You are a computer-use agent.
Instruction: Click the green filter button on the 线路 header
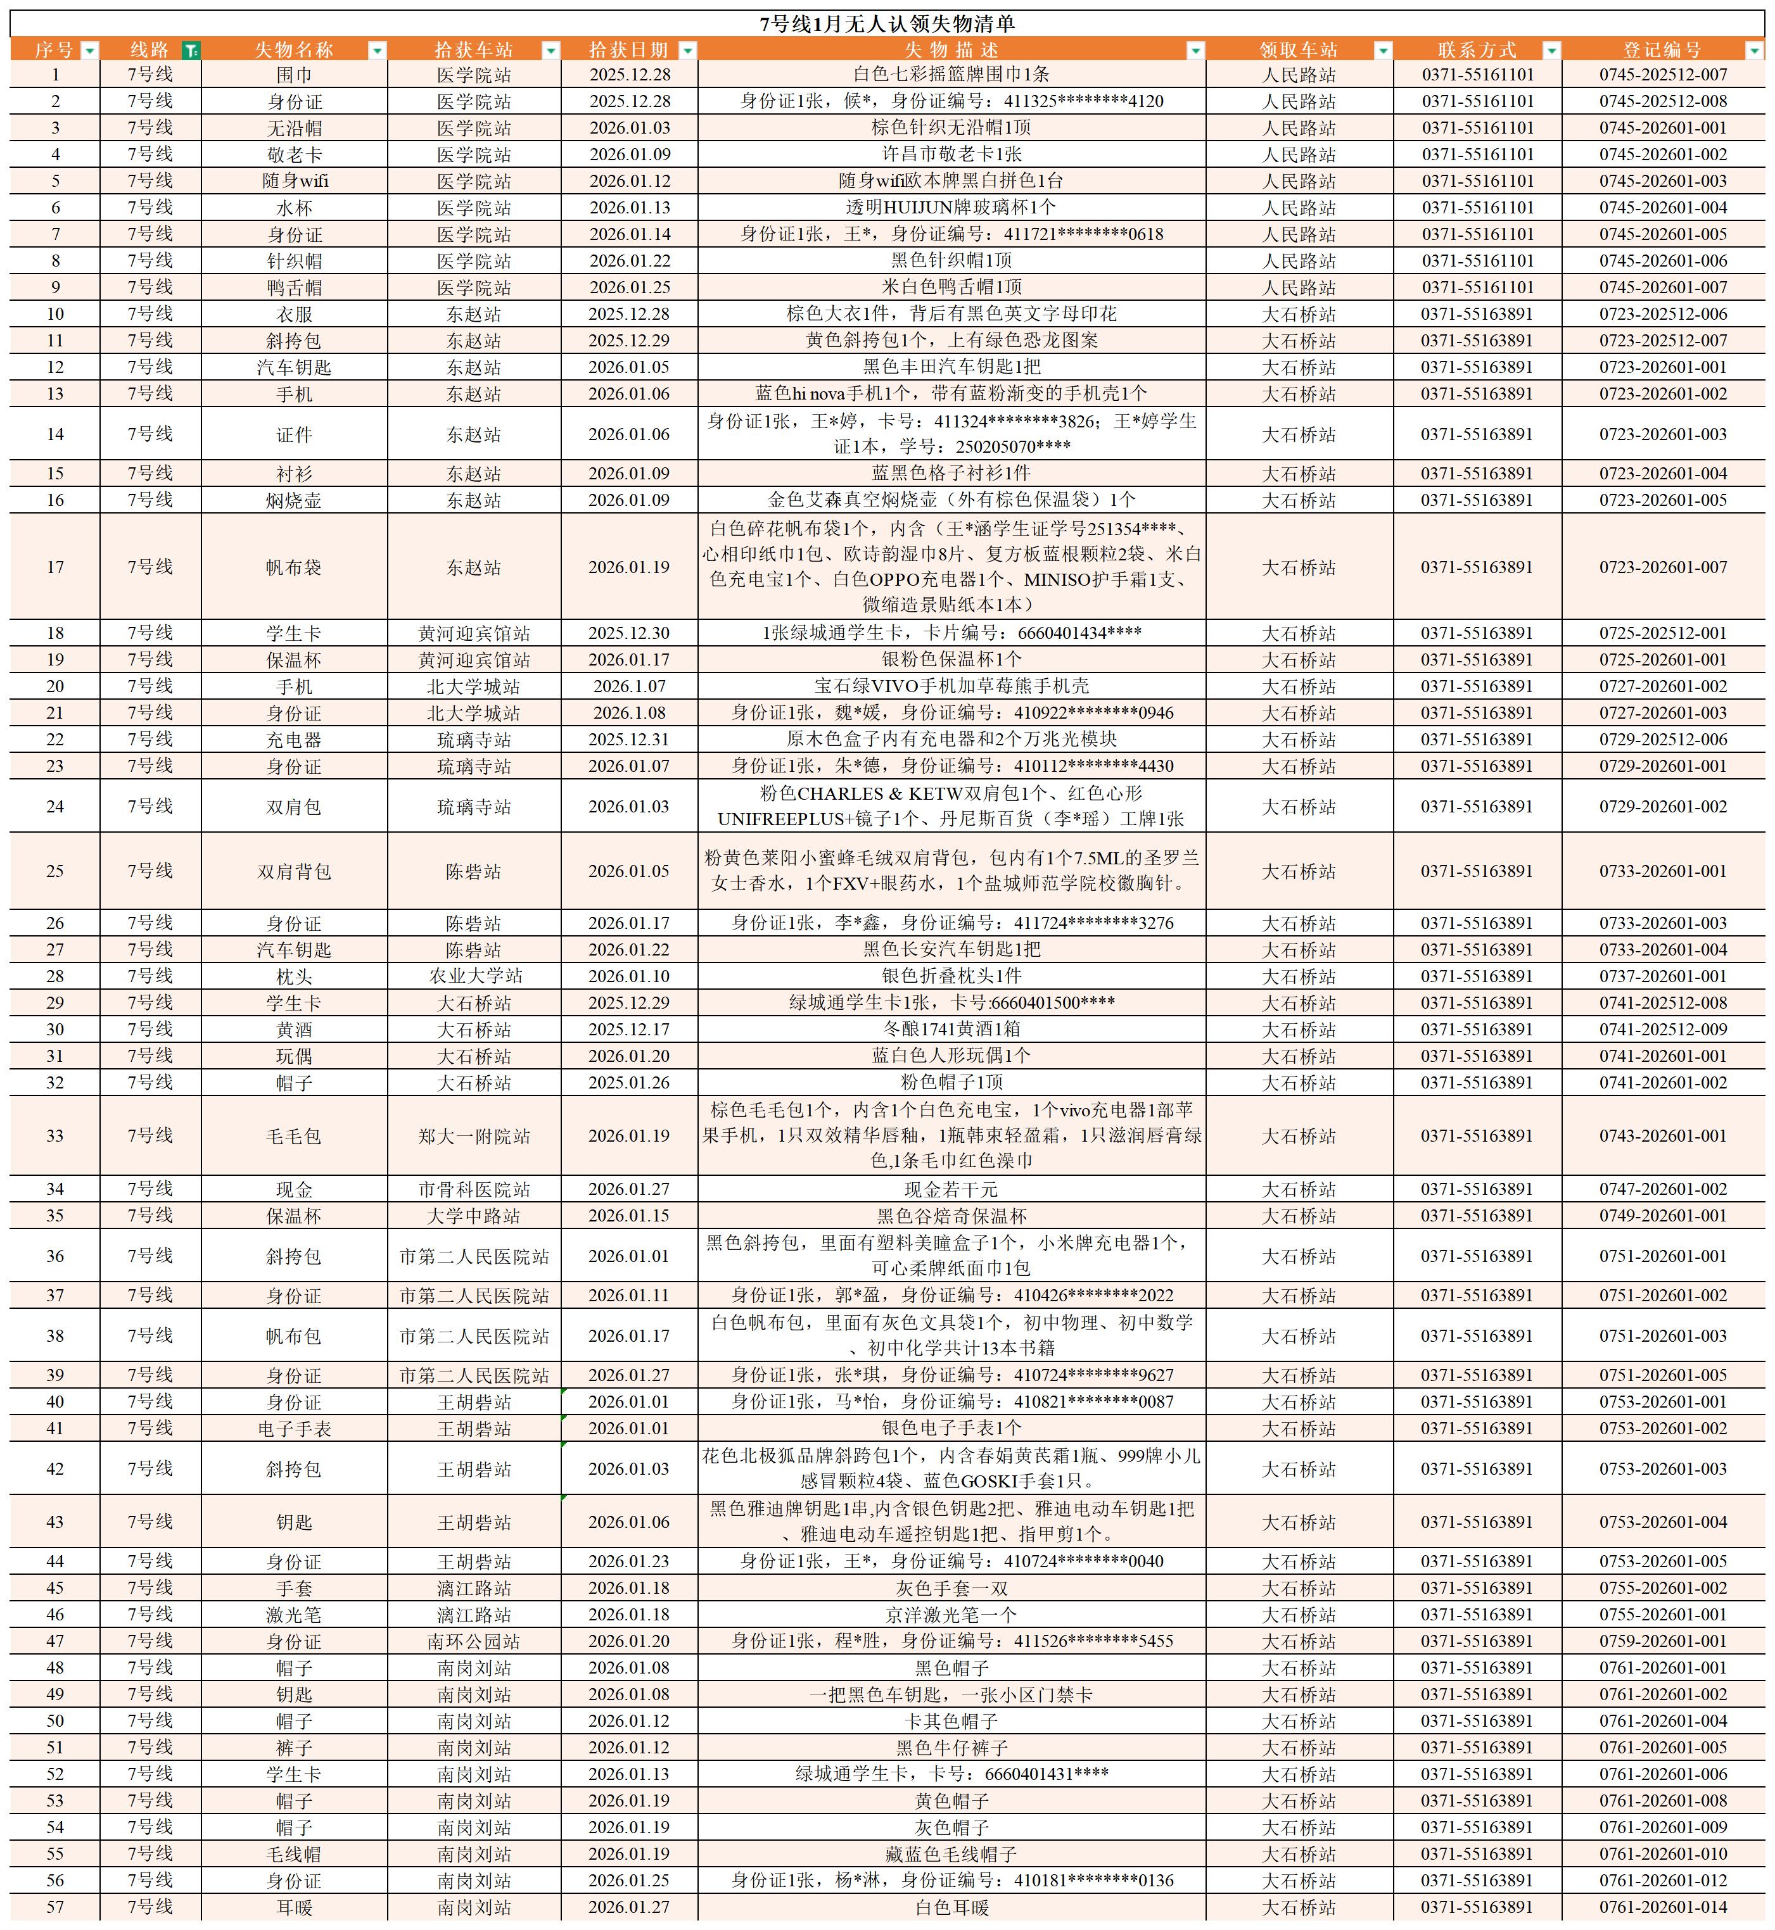[x=191, y=51]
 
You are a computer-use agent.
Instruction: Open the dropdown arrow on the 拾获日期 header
[x=688, y=51]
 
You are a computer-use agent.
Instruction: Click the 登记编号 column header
[x=1662, y=50]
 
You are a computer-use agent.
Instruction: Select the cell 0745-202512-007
[x=1663, y=75]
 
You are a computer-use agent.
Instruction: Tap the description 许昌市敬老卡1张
[x=951, y=155]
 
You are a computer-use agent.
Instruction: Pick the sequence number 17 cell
[x=54, y=567]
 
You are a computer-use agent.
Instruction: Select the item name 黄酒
[x=294, y=1030]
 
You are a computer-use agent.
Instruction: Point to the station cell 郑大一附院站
[x=474, y=1136]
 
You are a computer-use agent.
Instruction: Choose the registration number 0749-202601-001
[x=1663, y=1216]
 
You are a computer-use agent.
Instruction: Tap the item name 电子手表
[x=294, y=1429]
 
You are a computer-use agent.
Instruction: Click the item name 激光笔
[x=294, y=1615]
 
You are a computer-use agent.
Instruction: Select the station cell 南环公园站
[x=474, y=1642]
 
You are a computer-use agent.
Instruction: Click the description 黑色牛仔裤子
[x=951, y=1748]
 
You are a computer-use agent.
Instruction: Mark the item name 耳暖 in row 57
[x=294, y=1907]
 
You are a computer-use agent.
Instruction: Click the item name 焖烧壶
[x=294, y=500]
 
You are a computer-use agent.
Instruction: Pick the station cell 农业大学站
[x=474, y=976]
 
